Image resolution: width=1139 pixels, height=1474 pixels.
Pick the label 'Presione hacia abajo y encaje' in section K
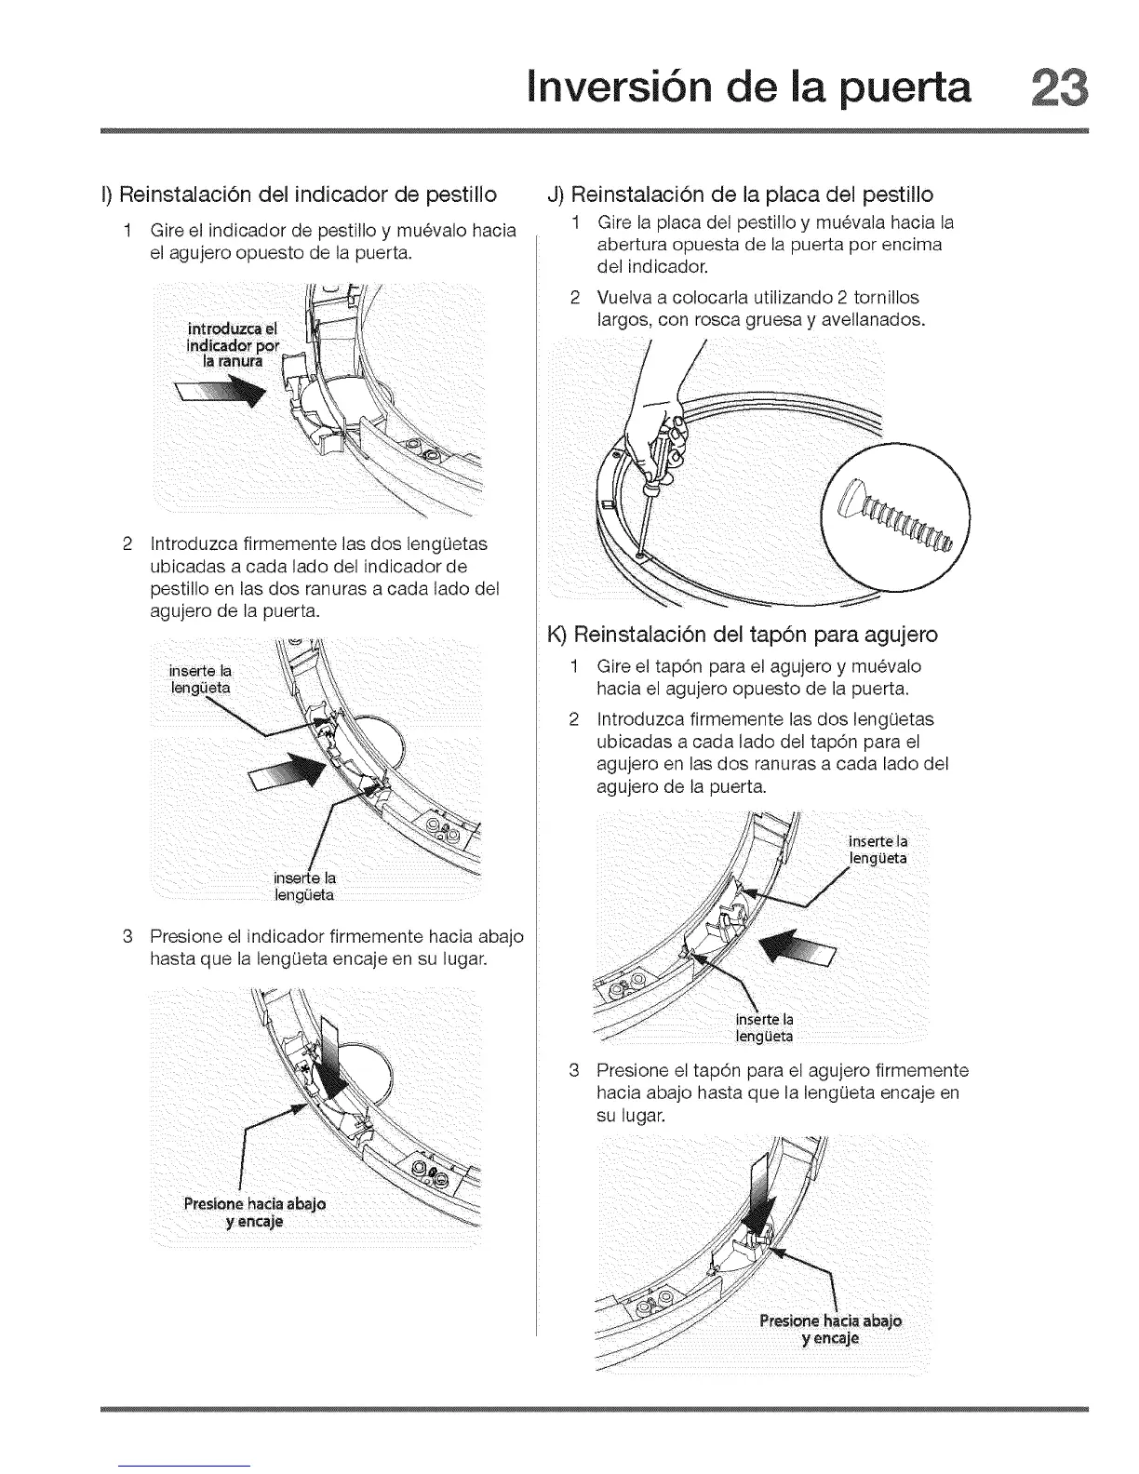[x=830, y=1330]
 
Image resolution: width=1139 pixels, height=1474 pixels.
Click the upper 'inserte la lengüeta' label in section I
[x=200, y=679]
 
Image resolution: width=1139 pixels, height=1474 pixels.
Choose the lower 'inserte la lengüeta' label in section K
[x=764, y=1026]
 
